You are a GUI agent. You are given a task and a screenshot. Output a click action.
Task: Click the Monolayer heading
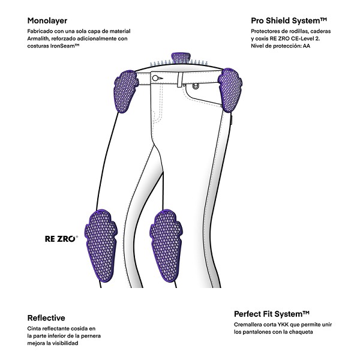47,20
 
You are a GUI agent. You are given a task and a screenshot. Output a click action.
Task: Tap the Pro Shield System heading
289,20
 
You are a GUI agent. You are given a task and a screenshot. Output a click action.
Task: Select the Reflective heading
46,318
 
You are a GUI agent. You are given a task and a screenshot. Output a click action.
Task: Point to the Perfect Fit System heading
272,314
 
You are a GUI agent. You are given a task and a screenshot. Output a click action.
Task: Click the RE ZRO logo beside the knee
61,239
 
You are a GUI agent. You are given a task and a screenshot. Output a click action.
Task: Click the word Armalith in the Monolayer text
37,38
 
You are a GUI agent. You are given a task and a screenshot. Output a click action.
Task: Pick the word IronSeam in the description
65,46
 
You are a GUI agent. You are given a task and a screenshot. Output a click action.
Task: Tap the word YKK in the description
282,325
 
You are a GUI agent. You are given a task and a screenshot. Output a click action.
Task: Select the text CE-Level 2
305,38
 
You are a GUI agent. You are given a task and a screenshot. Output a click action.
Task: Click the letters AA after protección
307,46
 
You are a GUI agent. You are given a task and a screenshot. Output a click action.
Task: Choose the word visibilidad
65,343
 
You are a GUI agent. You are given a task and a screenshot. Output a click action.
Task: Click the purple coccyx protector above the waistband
181,59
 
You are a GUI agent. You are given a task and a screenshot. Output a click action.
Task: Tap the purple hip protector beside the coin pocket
230,90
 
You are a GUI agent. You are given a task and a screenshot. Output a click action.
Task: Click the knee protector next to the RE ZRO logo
101,245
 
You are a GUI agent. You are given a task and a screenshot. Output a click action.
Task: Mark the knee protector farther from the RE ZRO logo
166,245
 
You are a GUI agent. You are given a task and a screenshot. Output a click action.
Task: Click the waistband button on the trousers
155,78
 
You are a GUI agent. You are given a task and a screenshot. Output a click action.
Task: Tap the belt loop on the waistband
179,79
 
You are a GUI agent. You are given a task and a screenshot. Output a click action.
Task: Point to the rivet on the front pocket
196,86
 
